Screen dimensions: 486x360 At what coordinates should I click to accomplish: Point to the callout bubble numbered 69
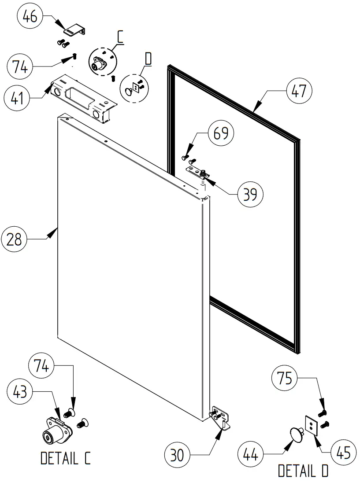point(221,133)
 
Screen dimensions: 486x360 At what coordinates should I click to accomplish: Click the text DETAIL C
point(66,459)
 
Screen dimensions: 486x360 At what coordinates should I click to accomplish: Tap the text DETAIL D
point(303,471)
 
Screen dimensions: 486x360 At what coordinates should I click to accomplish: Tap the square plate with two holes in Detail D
point(312,426)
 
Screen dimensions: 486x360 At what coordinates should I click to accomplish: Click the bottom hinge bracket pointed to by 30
point(220,416)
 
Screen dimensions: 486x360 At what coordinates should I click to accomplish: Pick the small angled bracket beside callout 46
point(74,31)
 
